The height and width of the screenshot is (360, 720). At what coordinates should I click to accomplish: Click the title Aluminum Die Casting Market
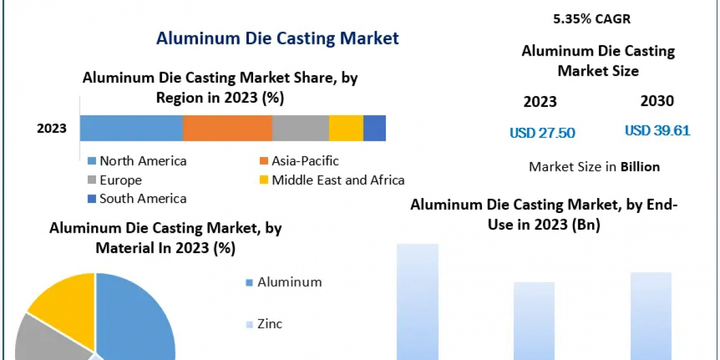point(277,38)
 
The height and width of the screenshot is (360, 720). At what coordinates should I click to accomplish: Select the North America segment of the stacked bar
point(131,128)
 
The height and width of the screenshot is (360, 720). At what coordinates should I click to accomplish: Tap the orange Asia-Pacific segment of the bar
point(227,128)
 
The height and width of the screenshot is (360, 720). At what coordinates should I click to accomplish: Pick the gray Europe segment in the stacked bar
point(301,128)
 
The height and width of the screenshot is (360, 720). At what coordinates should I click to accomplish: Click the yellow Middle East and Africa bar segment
point(346,128)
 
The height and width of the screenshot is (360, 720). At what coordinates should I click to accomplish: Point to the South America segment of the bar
point(374,128)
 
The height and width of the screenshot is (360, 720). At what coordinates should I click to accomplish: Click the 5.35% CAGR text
point(592,19)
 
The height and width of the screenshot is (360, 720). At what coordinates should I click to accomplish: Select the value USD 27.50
point(542,133)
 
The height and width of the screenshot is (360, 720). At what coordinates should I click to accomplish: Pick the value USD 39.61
point(658,130)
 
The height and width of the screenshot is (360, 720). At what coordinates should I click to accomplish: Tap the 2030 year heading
point(657,101)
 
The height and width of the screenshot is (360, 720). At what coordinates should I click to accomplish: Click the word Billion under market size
point(640,167)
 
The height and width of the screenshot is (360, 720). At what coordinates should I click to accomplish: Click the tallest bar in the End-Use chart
point(418,300)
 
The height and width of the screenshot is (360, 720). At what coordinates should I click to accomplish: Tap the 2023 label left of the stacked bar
point(52,128)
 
